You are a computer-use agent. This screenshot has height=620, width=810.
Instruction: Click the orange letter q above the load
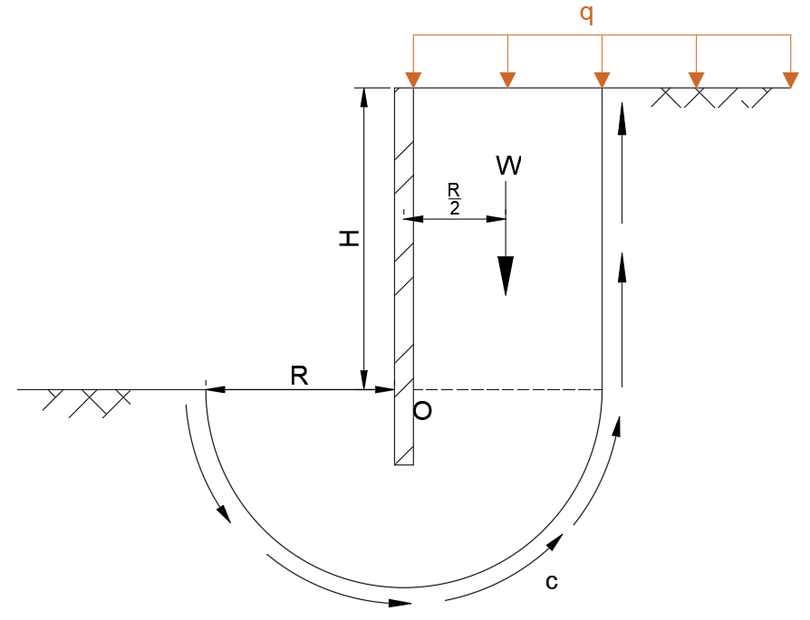586,14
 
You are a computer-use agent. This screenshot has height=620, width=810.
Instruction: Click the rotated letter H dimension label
349,238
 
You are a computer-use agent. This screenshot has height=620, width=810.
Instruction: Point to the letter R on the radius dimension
300,376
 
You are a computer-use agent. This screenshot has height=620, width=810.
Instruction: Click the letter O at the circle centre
422,411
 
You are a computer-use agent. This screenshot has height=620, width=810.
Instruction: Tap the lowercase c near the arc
551,581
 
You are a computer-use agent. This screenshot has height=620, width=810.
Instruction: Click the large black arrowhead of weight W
506,275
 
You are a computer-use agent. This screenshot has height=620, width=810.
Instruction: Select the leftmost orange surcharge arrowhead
413,80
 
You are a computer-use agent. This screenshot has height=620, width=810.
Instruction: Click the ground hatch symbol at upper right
716,98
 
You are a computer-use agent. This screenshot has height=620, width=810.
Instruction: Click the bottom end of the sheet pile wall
404,463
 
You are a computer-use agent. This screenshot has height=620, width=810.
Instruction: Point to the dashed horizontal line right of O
507,390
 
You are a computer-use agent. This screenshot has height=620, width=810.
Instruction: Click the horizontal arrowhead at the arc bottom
400,602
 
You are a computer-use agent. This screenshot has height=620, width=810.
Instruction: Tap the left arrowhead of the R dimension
215,390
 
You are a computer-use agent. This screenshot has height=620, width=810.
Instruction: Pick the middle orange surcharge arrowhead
602,80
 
